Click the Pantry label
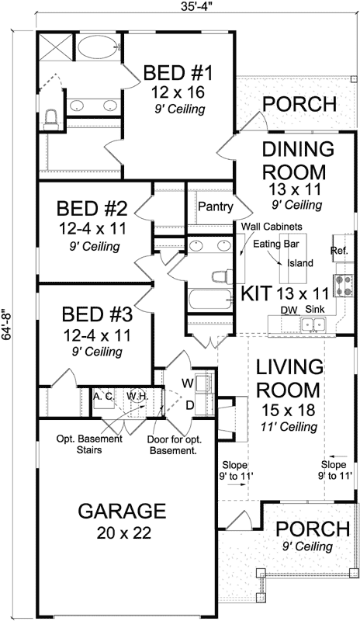click(x=212, y=206)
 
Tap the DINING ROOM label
click(x=298, y=160)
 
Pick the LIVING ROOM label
click(x=289, y=377)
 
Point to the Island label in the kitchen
click(x=300, y=262)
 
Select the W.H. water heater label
click(x=137, y=396)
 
